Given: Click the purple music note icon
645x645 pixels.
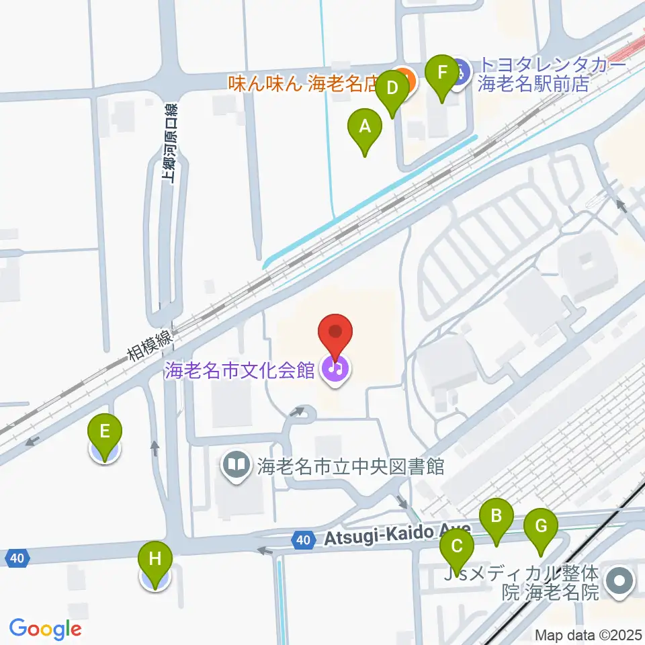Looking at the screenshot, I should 334,368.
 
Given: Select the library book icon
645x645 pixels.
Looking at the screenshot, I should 236,465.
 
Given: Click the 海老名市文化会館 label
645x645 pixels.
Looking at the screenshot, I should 240,370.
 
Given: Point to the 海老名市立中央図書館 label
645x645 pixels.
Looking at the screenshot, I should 350,466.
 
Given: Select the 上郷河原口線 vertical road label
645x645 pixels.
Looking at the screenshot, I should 171,142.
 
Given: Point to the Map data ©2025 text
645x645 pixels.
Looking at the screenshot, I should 587,634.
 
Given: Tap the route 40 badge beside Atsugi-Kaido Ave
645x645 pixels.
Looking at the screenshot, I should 304,539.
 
